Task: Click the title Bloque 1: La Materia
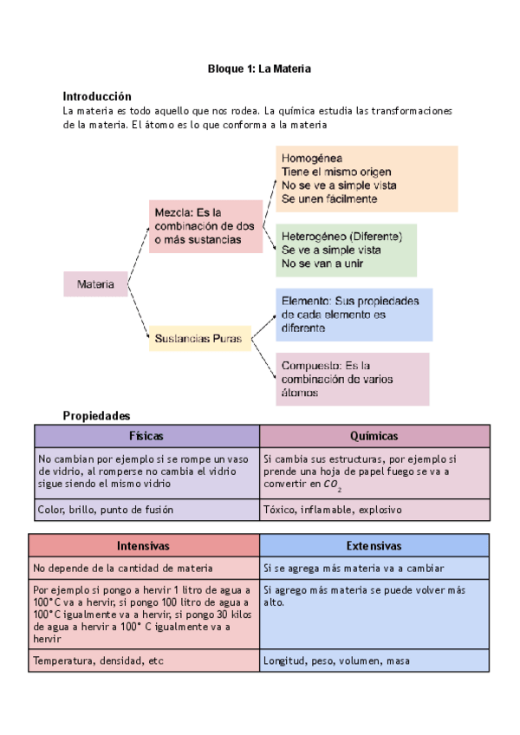click(259, 68)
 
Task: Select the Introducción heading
click(97, 96)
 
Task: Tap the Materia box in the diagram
click(95, 283)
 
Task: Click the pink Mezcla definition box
click(205, 226)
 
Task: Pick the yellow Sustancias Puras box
click(199, 338)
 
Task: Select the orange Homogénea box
click(367, 179)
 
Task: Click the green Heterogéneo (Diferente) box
click(346, 250)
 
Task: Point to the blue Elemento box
click(354, 315)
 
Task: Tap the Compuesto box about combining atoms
click(353, 379)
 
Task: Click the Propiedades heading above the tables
click(95, 416)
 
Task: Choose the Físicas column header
click(146, 436)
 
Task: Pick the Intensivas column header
click(144, 546)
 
